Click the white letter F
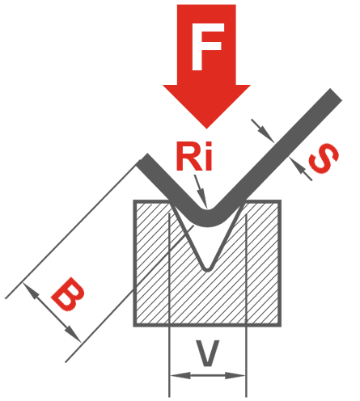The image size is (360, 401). pyautogui.click(x=208, y=46)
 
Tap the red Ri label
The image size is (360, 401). pyautogui.click(x=194, y=156)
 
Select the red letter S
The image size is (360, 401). pyautogui.click(x=324, y=158)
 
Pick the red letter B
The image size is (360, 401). pyautogui.click(x=68, y=294)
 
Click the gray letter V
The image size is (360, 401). pyautogui.click(x=207, y=353)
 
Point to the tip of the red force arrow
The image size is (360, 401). pyautogui.click(x=206, y=129)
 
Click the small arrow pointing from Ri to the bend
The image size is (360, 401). pyautogui.click(x=201, y=192)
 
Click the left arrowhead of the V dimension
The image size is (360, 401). pyautogui.click(x=180, y=375)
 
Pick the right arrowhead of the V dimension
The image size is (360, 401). pyautogui.click(x=235, y=375)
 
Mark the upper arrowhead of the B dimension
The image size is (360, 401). pyautogui.click(x=30, y=289)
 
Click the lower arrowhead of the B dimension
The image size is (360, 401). pyautogui.click(x=74, y=334)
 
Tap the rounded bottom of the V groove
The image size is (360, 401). pyautogui.click(x=207, y=269)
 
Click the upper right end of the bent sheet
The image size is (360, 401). pyautogui.click(x=336, y=95)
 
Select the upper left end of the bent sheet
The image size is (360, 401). pyautogui.click(x=142, y=159)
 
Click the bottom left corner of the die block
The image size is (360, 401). pyautogui.click(x=135, y=326)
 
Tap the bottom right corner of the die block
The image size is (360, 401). pyautogui.click(x=280, y=326)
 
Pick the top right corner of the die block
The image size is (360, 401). pyautogui.click(x=280, y=201)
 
